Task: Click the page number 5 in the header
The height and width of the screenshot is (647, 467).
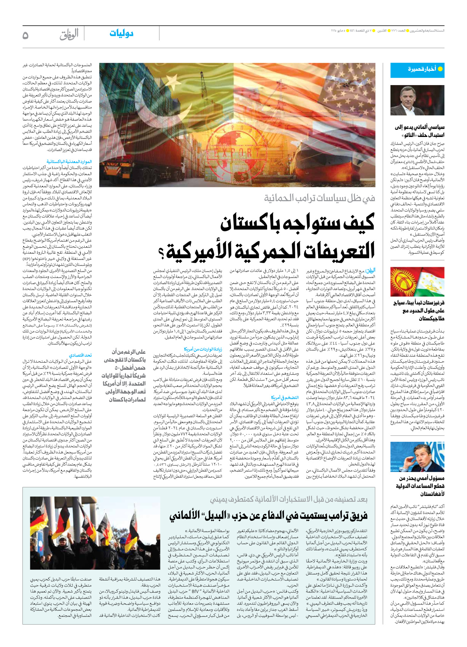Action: pyautogui.click(x=25, y=35)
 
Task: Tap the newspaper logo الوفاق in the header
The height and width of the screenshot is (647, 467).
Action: pyautogui.click(x=69, y=35)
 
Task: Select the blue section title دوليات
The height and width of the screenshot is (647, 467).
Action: pyautogui.click(x=121, y=34)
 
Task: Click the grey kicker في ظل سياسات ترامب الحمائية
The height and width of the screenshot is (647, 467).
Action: pyautogui.click(x=319, y=198)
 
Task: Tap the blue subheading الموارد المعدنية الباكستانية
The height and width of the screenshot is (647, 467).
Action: pyautogui.click(x=69, y=162)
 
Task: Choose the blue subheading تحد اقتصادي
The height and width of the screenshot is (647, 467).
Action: pyautogui.click(x=80, y=355)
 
